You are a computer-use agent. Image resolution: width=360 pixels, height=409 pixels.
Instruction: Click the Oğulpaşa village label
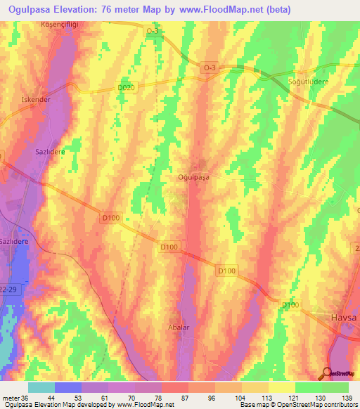tap(194, 178)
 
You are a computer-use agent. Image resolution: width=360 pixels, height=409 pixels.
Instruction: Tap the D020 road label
tap(125, 87)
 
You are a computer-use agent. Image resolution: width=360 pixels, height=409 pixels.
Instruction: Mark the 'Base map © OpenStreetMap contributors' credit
tap(296, 404)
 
